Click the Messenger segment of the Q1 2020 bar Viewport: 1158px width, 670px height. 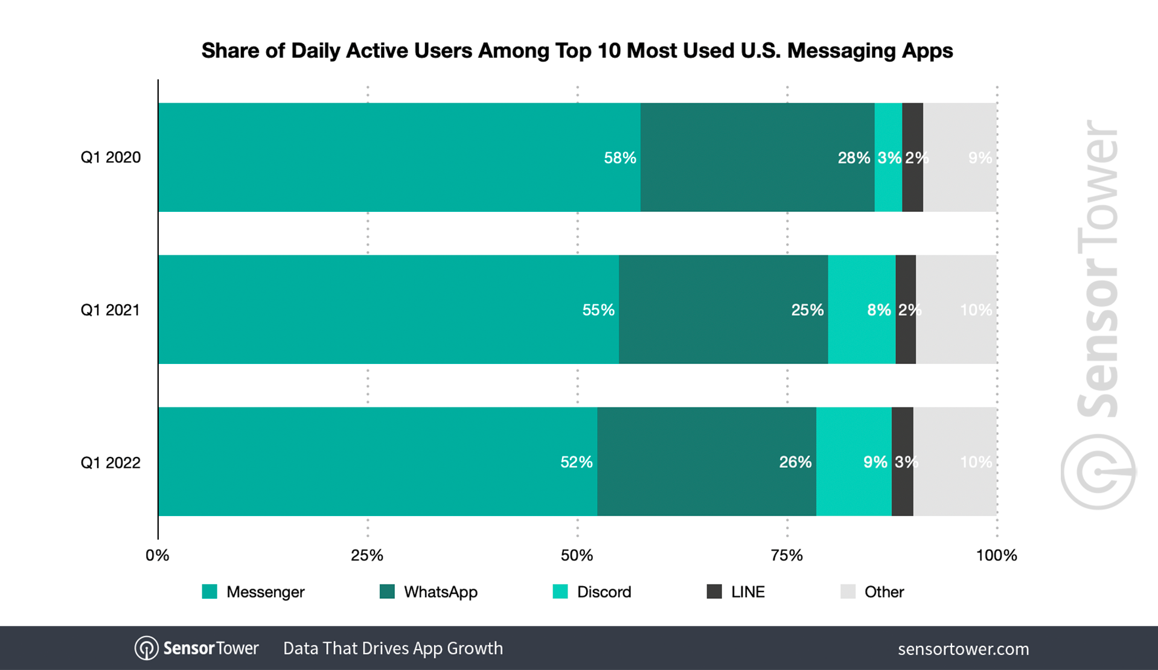click(398, 158)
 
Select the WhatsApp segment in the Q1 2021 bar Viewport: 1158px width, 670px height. click(723, 310)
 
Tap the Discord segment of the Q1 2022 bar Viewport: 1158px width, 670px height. click(853, 462)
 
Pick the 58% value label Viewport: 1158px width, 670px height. click(620, 158)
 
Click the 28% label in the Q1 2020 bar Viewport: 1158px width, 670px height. click(854, 158)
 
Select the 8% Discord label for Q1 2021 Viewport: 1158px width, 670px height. click(878, 310)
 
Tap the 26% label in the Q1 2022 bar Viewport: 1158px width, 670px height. click(795, 462)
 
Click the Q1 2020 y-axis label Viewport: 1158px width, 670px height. click(110, 158)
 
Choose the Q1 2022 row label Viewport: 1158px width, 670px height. click(110, 463)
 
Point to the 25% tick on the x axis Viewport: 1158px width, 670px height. click(367, 555)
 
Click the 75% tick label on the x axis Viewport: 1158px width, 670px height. click(787, 555)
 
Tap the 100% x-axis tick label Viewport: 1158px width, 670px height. click(996, 555)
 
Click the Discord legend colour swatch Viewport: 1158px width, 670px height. click(560, 592)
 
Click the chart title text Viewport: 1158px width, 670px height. click(577, 51)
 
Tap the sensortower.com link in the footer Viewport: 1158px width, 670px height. click(963, 649)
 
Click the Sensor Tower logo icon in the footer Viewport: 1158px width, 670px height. click(146, 648)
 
